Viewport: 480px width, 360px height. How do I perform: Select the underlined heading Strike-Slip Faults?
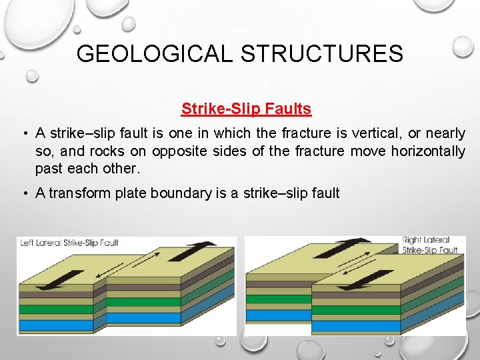[x=246, y=108]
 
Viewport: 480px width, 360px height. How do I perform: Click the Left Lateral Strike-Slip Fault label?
[x=69, y=243]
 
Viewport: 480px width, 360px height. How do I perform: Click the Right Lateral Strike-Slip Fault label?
[x=430, y=245]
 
